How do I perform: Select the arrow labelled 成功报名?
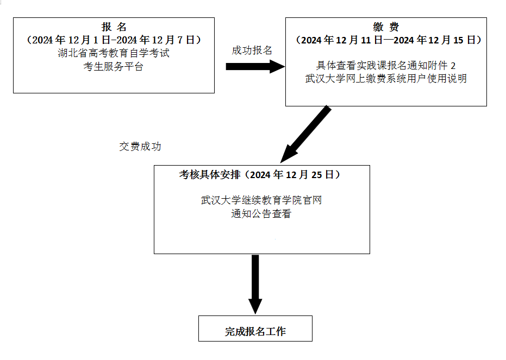pyautogui.click(x=253, y=66)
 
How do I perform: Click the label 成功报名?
pyautogui.click(x=252, y=50)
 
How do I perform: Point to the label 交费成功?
pyautogui.click(x=140, y=147)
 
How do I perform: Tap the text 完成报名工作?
pyautogui.click(x=255, y=331)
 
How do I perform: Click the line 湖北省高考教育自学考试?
pyautogui.click(x=114, y=53)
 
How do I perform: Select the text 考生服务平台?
pyautogui.click(x=114, y=67)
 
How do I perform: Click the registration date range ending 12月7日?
pyautogui.click(x=114, y=40)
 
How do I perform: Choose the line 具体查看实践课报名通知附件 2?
pyautogui.click(x=386, y=65)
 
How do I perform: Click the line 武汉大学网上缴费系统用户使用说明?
pyautogui.click(x=386, y=78)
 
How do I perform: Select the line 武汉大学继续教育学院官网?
pyautogui.click(x=261, y=200)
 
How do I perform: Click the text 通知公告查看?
pyautogui.click(x=261, y=213)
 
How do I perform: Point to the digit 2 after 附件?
pyautogui.click(x=453, y=65)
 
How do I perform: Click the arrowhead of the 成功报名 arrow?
pyautogui.click(x=277, y=66)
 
